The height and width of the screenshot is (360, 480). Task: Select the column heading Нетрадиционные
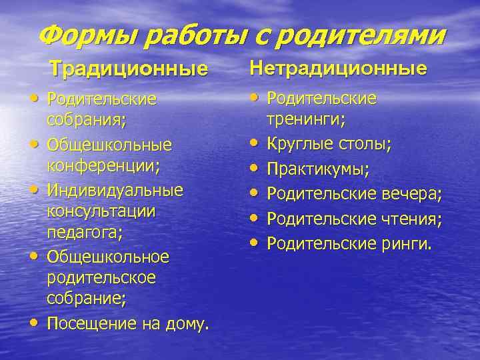[338, 68]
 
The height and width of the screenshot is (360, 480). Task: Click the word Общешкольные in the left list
[109, 145]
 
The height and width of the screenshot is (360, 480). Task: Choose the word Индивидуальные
[115, 190]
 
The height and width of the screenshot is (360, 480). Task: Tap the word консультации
[101, 212]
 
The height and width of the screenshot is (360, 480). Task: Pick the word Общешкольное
[108, 257]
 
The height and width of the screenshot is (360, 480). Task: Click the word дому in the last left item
[187, 325]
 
